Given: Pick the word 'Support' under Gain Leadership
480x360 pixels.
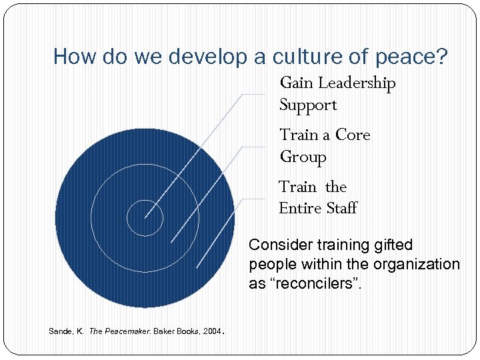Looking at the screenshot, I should [308, 105].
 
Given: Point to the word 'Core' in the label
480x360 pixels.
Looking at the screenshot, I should [353, 135].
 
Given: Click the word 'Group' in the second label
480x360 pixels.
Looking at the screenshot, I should [303, 157].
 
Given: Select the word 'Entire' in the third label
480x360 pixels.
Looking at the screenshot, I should [299, 209].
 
